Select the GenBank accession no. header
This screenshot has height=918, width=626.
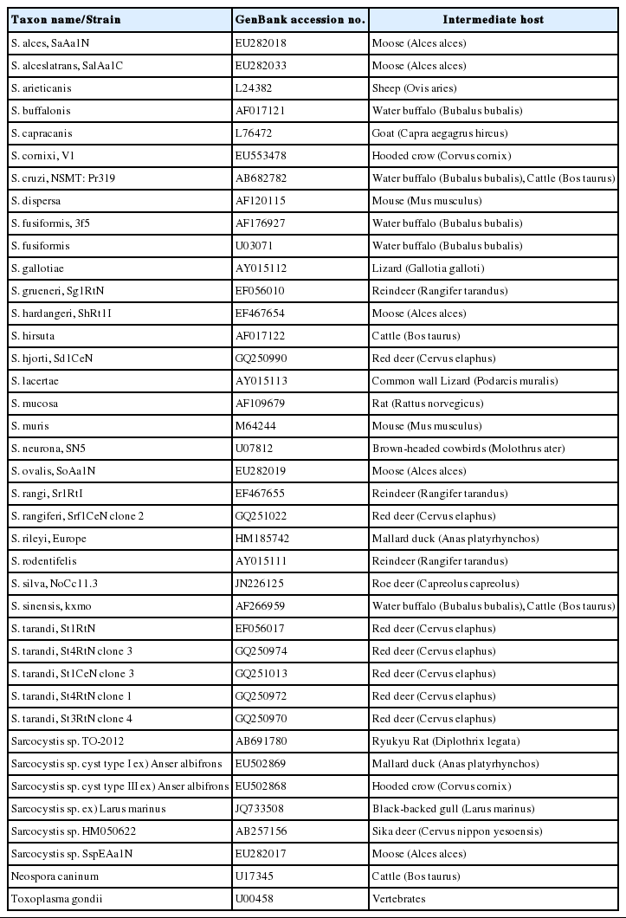(300, 19)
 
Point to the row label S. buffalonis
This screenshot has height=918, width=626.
(42, 110)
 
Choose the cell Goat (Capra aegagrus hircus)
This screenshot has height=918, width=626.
(439, 133)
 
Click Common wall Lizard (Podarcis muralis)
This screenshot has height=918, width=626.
(464, 380)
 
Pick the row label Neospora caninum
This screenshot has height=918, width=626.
(48, 876)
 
